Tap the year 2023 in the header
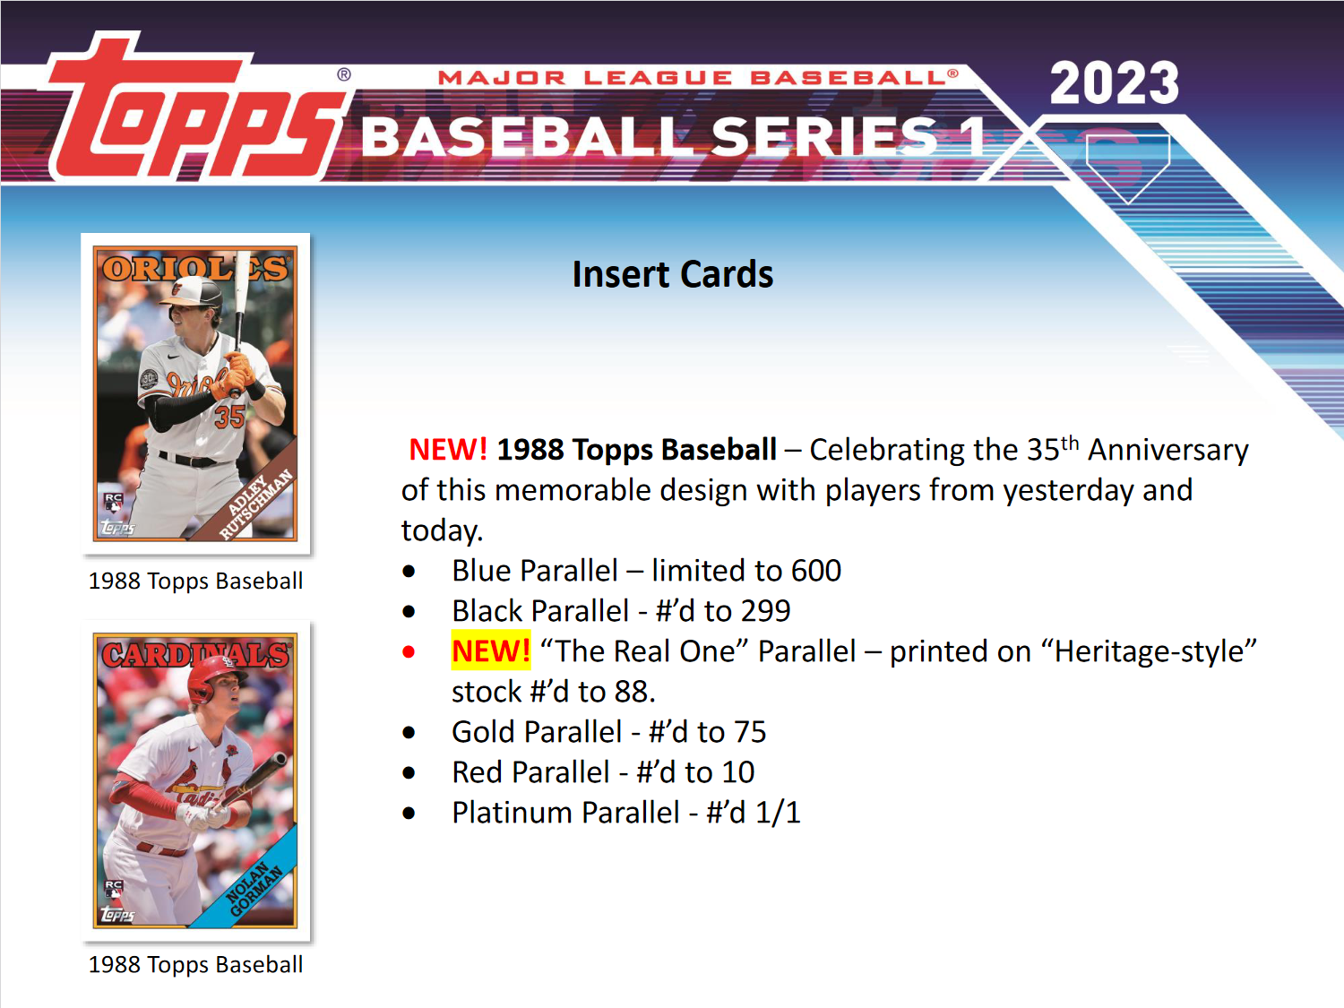tap(1114, 83)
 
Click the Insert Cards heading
tap(672, 274)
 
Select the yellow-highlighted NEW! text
tap(490, 650)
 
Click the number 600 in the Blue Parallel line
tap(815, 571)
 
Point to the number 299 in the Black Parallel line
tap(765, 611)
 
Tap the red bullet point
tap(409, 651)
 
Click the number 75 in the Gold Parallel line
tap(750, 732)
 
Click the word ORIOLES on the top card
tap(194, 268)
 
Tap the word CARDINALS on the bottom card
tap(194, 655)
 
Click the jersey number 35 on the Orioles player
tap(229, 417)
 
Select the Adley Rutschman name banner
tap(255, 504)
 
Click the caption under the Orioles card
tap(195, 581)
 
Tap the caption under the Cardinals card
tap(195, 964)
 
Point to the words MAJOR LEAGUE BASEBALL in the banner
tap(697, 78)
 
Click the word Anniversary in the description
tap(1167, 450)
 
